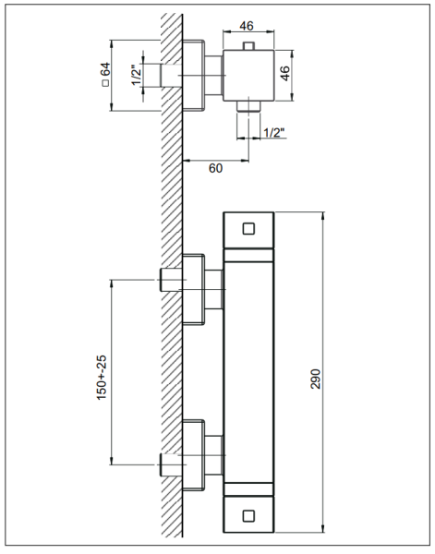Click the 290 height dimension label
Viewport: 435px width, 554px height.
point(315,379)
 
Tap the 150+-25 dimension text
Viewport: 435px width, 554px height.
point(102,378)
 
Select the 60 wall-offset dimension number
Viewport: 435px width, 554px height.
point(215,169)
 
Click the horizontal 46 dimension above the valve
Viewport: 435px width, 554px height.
point(247,26)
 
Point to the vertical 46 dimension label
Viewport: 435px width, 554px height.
point(284,74)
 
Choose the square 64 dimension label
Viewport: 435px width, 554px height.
point(105,74)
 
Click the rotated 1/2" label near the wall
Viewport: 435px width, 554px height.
point(137,75)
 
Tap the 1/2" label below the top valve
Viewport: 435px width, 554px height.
point(274,132)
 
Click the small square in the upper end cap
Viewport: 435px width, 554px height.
point(248,229)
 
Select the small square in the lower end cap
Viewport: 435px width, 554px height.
point(248,516)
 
